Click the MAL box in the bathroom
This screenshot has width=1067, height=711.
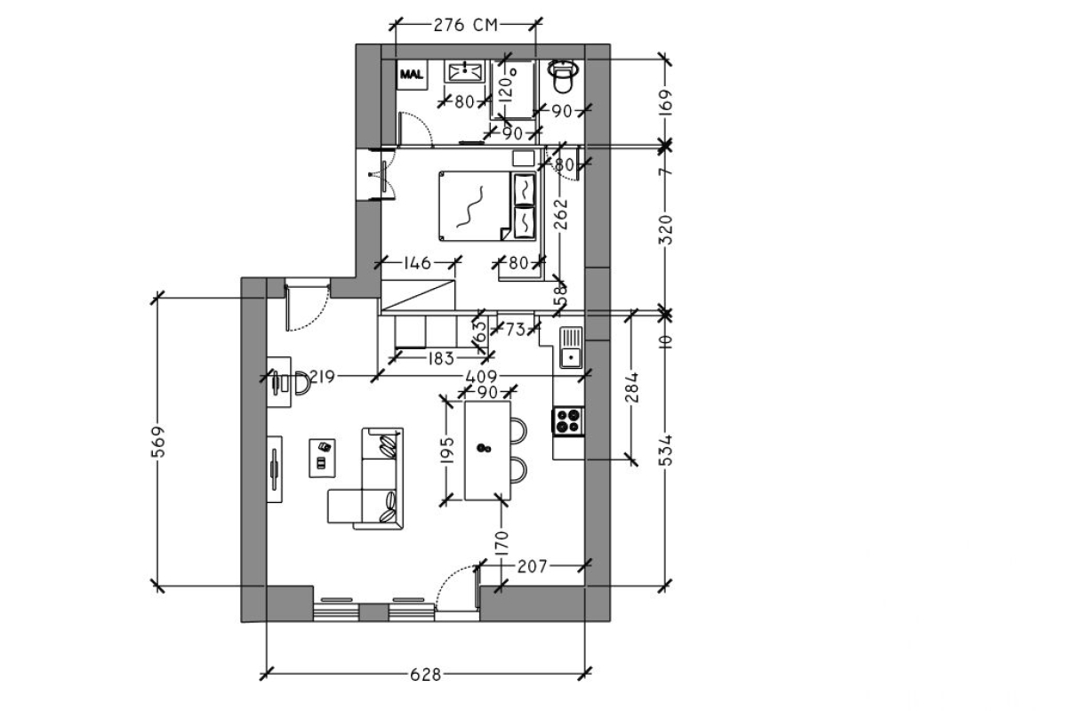click(412, 75)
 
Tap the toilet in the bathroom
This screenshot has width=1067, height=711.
click(563, 76)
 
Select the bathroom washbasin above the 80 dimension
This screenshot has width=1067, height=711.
click(465, 71)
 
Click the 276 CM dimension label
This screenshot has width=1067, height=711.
click(465, 25)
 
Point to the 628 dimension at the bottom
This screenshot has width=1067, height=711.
click(426, 674)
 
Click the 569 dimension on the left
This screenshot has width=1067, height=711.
click(158, 442)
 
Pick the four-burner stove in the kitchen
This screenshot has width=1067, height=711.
click(568, 420)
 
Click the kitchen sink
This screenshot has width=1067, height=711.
click(571, 348)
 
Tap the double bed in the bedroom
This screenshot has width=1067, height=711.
click(487, 206)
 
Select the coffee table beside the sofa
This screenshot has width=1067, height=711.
click(323, 458)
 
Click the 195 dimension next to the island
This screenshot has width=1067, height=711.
click(447, 450)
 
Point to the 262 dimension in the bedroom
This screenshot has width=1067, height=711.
click(562, 214)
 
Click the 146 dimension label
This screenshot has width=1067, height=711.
click(417, 263)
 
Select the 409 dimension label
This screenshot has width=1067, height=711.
click(481, 377)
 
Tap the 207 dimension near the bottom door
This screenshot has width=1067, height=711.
click(533, 566)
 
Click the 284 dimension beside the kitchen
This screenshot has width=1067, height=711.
click(633, 387)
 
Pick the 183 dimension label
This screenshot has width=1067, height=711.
click(441, 358)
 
